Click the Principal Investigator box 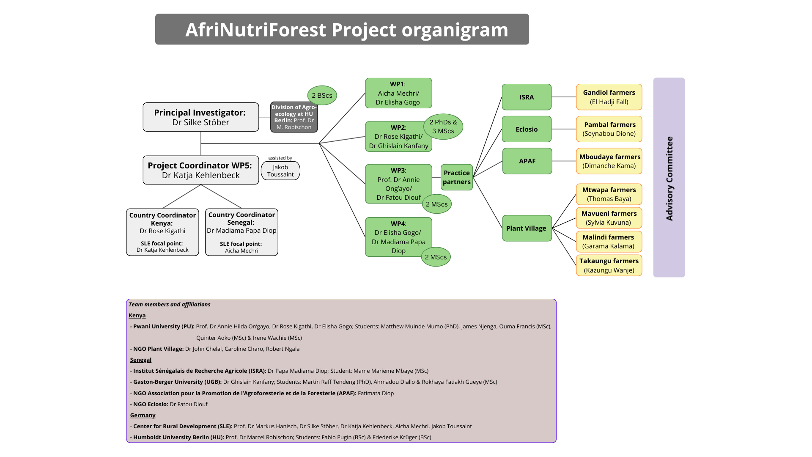[200, 117]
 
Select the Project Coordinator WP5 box [200, 170]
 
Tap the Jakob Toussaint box [280, 171]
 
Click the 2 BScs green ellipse [322, 96]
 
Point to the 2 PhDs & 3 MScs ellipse [443, 127]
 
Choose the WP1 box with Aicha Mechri [398, 93]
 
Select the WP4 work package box [398, 237]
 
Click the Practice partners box [457, 177]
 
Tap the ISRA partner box [527, 97]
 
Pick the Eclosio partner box [527, 129]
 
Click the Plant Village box [527, 228]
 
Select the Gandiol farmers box [609, 97]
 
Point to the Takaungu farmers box [609, 265]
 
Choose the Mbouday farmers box [609, 161]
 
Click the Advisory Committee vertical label [669, 178]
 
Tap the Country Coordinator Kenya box [162, 232]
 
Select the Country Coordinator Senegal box [241, 232]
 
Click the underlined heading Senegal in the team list [141, 360]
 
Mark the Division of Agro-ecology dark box [294, 117]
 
